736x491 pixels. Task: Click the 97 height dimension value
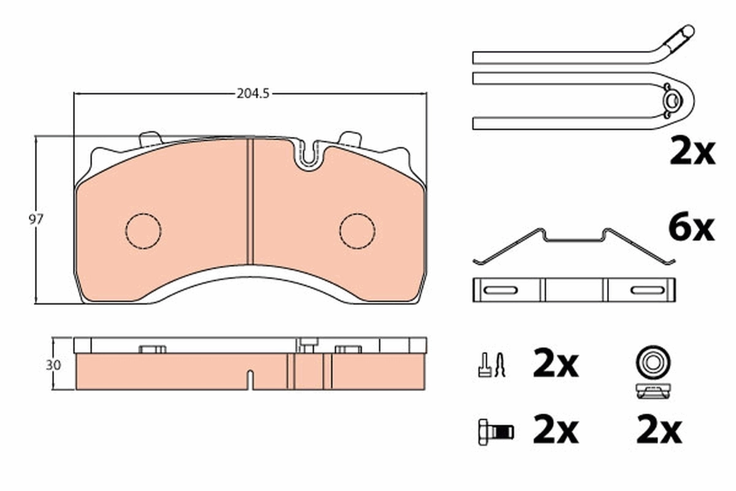38,220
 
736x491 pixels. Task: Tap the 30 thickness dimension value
53,364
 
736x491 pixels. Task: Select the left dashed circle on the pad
143,231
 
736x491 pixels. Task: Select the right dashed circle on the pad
357,231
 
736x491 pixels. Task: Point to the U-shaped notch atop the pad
310,158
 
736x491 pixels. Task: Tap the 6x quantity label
691,228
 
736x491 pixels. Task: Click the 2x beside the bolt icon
555,431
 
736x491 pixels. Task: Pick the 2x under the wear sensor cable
691,152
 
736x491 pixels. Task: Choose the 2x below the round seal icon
659,431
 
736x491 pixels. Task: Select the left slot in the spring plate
500,290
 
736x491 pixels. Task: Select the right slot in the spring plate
648,290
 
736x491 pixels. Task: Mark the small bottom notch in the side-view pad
250,379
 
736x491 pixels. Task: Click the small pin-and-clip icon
491,366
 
